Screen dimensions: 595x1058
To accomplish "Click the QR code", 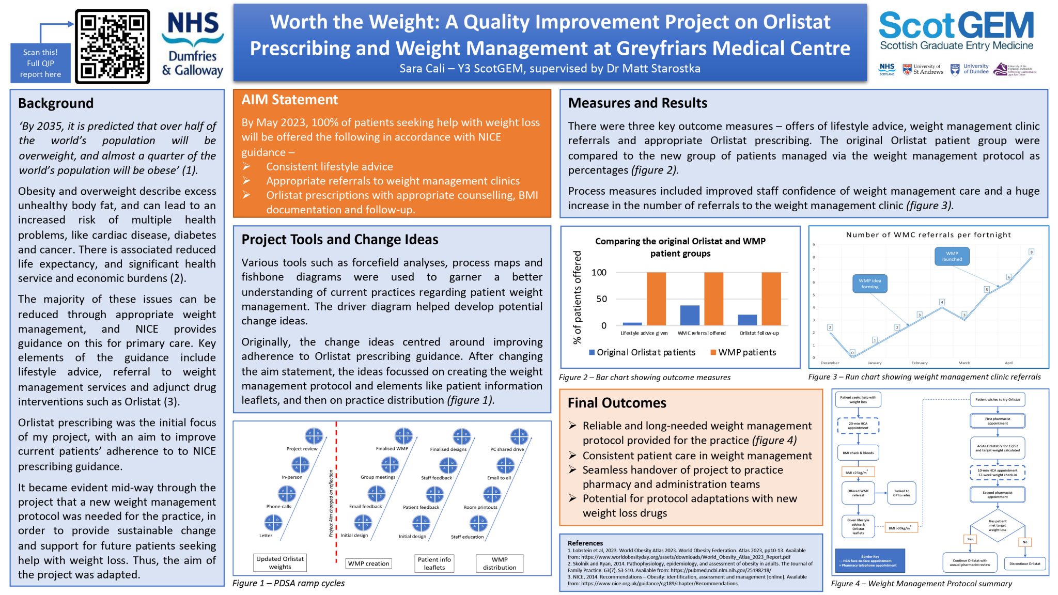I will [112, 46].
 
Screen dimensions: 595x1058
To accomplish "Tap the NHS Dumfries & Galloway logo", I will [193, 45].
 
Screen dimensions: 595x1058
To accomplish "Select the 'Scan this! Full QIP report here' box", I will [40, 63].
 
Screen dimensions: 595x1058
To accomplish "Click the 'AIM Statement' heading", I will [290, 100].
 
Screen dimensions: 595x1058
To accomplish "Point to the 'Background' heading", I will [56, 103].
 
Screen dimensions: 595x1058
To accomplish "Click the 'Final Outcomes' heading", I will [617, 403].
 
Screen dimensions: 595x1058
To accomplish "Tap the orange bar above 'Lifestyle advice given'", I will [656, 299].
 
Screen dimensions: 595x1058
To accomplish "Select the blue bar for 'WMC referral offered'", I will [690, 315].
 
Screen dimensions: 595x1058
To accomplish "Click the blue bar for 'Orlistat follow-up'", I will [747, 320].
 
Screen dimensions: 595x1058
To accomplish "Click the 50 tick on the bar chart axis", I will [601, 299].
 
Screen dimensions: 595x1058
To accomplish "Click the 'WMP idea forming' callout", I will [869, 284].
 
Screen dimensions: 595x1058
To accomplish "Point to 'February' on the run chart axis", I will [920, 363].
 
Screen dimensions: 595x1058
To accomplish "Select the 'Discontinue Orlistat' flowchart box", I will [1024, 563].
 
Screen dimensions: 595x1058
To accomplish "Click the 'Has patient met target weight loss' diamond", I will [997, 526].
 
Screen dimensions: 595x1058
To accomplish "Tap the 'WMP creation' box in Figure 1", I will [368, 563].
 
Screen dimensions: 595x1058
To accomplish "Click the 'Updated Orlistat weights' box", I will [280, 562].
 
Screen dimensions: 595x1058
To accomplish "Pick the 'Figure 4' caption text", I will [921, 584].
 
